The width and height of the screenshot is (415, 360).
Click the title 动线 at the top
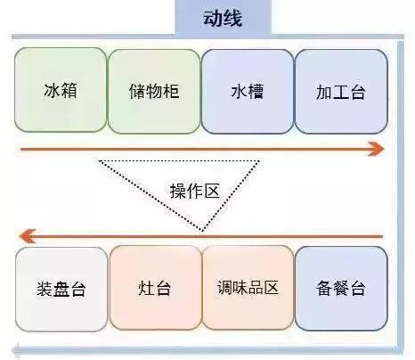pos(223,19)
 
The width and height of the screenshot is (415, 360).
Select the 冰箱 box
pos(61,90)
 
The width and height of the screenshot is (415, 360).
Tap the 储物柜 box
pos(154,91)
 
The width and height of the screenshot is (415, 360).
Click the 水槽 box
pos(248,91)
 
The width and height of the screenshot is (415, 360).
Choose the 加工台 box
pos(341,91)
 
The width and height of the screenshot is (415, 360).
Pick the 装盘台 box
pos(61,290)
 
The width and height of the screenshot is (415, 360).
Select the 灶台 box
pos(155,288)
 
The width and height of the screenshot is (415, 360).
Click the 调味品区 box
pos(248,288)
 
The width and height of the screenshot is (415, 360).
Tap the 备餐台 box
pos(341,289)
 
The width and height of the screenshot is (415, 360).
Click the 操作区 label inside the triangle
pos(195,191)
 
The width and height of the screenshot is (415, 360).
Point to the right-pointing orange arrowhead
pos(376,149)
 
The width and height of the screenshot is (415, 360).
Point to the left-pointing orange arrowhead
pos(28,236)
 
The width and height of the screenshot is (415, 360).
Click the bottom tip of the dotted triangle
pos(202,231)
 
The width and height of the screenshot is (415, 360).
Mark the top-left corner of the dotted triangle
pos(100,161)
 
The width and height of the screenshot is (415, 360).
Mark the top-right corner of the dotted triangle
pos(259,161)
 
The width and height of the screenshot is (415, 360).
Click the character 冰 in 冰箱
pos(52,90)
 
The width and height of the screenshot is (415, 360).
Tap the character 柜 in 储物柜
pos(171,91)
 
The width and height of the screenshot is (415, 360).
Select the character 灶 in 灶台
pos(146,288)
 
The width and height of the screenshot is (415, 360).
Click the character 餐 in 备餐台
pos(341,289)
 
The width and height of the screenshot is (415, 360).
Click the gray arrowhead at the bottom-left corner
pos(16,350)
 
